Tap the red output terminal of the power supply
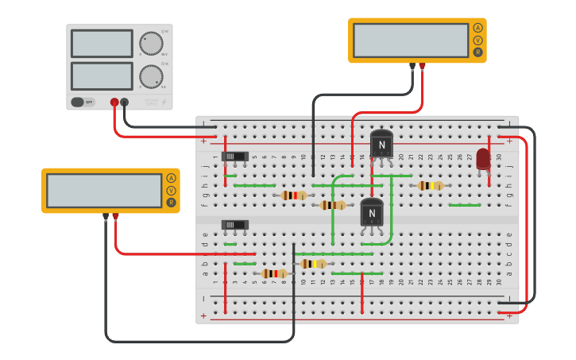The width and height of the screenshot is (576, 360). click(114, 102)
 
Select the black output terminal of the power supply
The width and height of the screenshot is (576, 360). click(125, 102)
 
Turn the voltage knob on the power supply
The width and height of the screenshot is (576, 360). click(150, 43)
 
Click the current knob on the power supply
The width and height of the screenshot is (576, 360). click(151, 76)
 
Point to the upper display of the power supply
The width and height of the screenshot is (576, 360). click(102, 43)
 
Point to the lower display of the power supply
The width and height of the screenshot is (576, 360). click(102, 75)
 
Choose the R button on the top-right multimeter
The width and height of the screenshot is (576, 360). click(477, 52)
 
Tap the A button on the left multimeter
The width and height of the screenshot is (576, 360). click(171, 178)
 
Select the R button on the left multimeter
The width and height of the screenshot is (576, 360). click(171, 203)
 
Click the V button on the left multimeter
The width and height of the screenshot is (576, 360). click(171, 191)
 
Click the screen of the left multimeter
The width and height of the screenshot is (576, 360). click(104, 191)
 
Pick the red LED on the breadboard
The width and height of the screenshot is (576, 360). click(483, 158)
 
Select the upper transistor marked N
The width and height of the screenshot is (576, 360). click(381, 145)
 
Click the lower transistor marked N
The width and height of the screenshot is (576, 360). click(372, 213)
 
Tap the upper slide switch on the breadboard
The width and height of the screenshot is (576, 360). click(234, 157)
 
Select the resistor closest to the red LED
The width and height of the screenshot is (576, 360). click(430, 186)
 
